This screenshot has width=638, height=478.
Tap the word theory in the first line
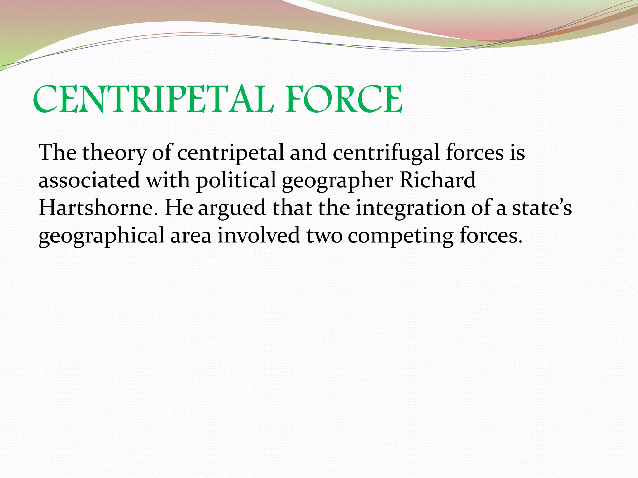point(114,153)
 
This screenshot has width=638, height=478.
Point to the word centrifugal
point(386,153)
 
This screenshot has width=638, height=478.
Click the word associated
point(89,180)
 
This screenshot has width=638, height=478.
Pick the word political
point(236,180)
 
